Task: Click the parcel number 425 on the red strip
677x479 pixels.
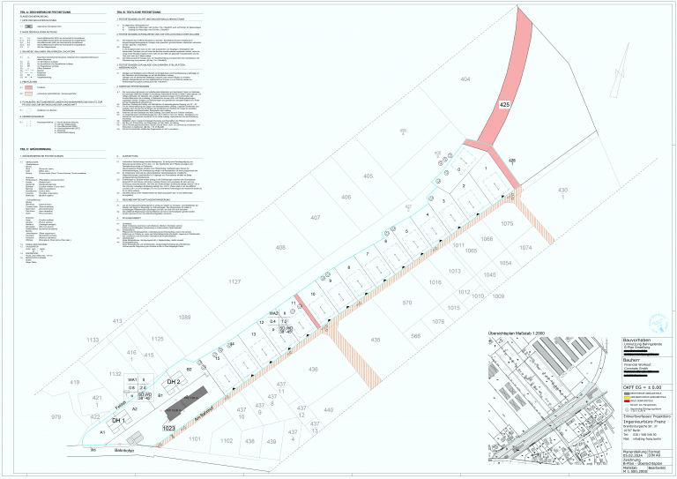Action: click(505, 105)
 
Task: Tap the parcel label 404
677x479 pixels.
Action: click(465, 79)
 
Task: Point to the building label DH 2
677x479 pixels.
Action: click(174, 381)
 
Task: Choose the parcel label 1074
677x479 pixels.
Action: click(525, 249)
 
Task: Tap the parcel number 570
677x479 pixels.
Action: click(406, 303)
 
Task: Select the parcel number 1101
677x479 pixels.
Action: click(195, 438)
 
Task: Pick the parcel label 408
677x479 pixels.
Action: click(281, 248)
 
